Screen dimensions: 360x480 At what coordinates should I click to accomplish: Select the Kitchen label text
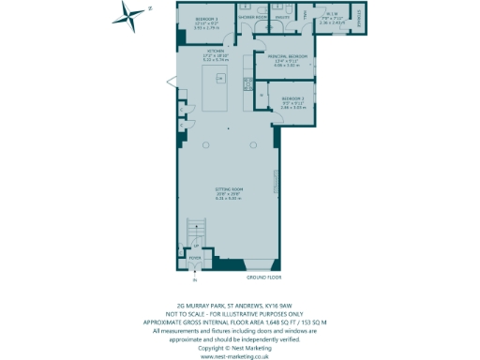[216, 51]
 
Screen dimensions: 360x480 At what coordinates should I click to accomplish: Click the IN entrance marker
[196, 279]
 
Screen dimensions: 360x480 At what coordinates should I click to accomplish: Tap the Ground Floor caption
[263, 278]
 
